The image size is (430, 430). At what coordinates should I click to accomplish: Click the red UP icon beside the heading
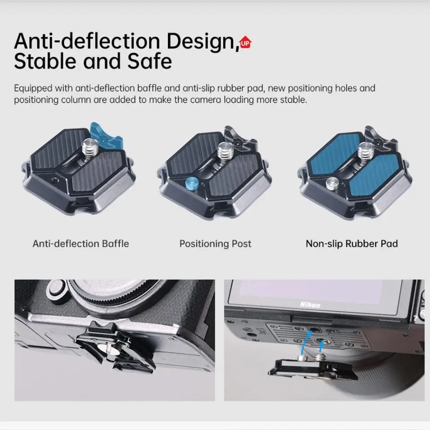click(x=245, y=43)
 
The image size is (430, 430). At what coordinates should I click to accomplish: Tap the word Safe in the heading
click(x=149, y=61)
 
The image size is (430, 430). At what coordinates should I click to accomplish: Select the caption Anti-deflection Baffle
click(x=81, y=244)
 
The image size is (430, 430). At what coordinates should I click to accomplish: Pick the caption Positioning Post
click(x=215, y=244)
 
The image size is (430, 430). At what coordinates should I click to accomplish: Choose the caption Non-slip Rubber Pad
click(x=352, y=244)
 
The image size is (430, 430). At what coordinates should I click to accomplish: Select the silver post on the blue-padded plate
click(x=332, y=182)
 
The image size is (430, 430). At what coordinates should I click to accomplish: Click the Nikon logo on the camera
click(x=310, y=305)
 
